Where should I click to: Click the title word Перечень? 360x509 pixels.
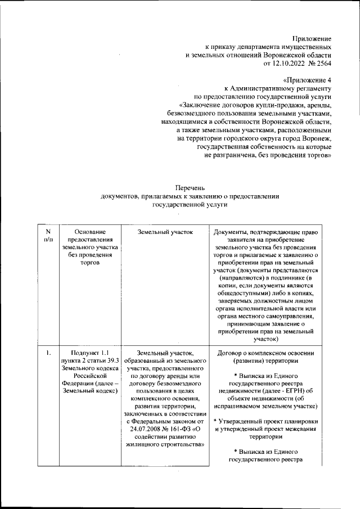coord(190,187)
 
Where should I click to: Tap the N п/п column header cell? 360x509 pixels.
coord(48,236)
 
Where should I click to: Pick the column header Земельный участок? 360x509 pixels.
coord(164,231)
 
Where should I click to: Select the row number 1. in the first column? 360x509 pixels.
coord(49,353)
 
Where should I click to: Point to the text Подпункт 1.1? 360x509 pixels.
coord(89,353)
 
